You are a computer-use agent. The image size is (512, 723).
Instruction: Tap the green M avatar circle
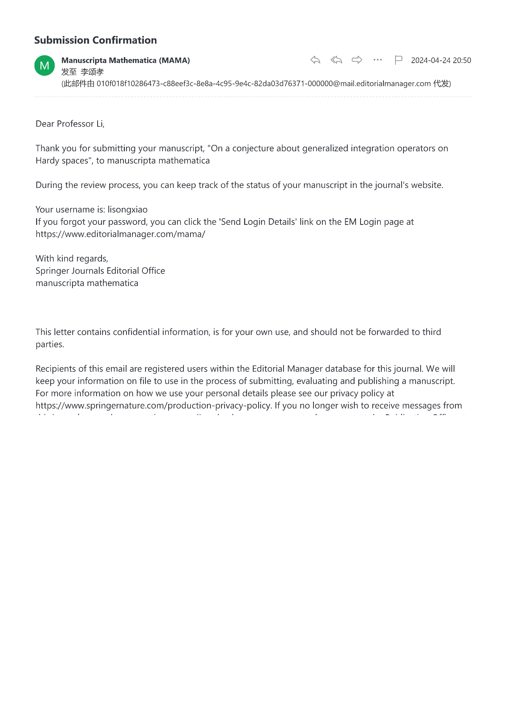coord(44,66)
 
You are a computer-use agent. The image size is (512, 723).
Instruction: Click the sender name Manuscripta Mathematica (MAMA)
coord(125,60)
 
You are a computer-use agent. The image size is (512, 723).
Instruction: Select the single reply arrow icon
coord(315,60)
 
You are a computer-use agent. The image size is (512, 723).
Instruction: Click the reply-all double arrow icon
coord(336,60)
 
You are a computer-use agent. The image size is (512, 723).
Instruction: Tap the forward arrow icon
coord(357,60)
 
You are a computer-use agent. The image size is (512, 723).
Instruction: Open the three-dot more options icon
coord(377,60)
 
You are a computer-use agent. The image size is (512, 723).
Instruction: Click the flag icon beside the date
coord(398,60)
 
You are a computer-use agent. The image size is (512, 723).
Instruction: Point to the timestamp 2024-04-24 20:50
coord(441,60)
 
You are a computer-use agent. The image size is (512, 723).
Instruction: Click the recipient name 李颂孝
coord(92,72)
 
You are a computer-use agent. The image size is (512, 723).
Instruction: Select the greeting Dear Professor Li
coord(70,124)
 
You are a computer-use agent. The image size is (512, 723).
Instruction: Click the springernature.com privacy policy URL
coord(153,406)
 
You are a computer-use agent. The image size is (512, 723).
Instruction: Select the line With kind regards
coord(72,258)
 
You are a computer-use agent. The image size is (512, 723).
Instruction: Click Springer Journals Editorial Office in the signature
coord(100,271)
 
